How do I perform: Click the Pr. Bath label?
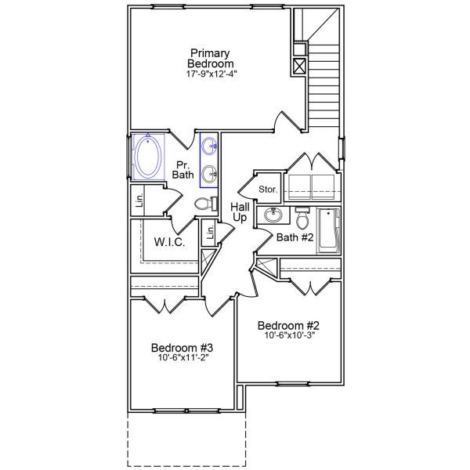pyautogui.click(x=183, y=169)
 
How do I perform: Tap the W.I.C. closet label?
pyautogui.click(x=169, y=242)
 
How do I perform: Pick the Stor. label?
pyautogui.click(x=268, y=190)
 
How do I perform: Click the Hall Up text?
pyautogui.click(x=240, y=212)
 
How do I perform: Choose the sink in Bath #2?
pyautogui.click(x=274, y=215)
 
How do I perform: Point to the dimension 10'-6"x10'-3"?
pyautogui.click(x=291, y=336)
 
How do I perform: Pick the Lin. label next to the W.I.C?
pyautogui.click(x=209, y=233)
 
